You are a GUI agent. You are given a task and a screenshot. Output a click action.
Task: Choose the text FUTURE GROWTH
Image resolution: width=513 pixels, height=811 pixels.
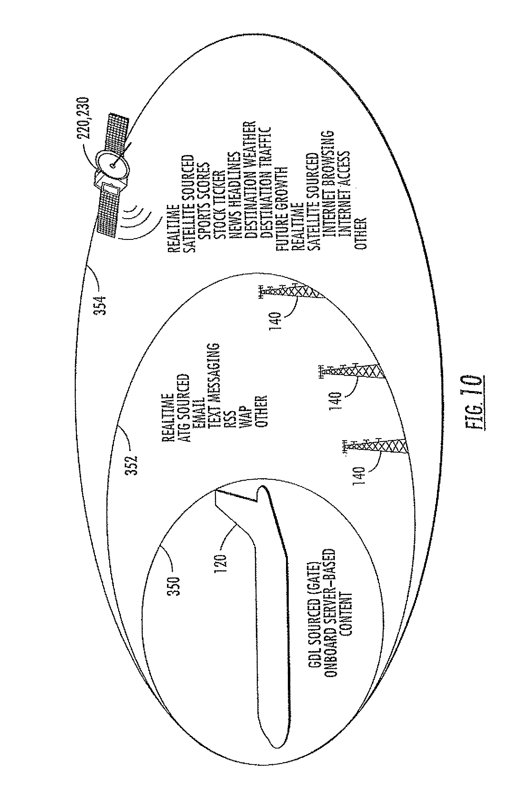pyautogui.click(x=282, y=208)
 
